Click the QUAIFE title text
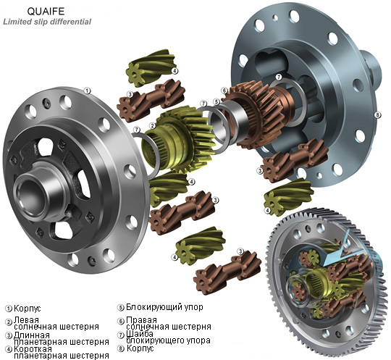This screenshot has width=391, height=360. (x=46, y=11)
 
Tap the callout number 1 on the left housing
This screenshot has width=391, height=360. (x=87, y=91)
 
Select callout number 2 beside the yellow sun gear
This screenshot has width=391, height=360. (x=153, y=126)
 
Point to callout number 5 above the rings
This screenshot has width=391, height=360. (x=216, y=102)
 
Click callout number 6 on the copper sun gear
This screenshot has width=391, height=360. (x=224, y=91)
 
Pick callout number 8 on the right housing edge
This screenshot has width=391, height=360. (x=377, y=115)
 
